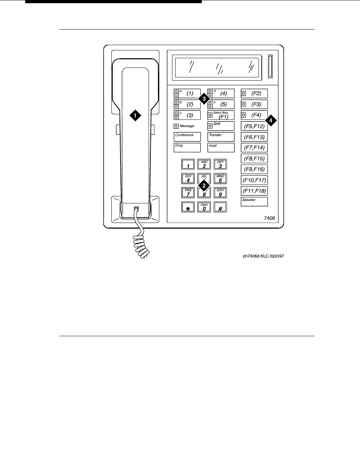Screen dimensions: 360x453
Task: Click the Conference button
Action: click(x=187, y=137)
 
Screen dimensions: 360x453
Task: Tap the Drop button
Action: click(x=187, y=147)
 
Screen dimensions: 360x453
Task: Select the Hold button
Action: click(x=221, y=147)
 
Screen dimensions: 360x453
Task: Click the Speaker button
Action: click(x=254, y=202)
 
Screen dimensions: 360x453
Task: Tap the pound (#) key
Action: click(x=220, y=207)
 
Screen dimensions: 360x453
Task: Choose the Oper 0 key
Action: click(x=204, y=207)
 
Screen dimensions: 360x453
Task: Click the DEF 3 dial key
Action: click(x=220, y=164)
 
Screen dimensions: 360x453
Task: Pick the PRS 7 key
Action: click(x=188, y=193)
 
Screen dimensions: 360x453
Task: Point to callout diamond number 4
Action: click(x=271, y=120)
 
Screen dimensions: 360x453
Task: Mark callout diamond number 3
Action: click(x=204, y=99)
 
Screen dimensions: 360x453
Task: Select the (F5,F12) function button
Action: click(x=254, y=126)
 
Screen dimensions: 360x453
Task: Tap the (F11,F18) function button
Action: click(x=254, y=191)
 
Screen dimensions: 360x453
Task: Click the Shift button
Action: click(x=221, y=126)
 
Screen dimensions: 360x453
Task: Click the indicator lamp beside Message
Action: click(x=176, y=126)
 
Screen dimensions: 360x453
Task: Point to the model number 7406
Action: click(x=269, y=218)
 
